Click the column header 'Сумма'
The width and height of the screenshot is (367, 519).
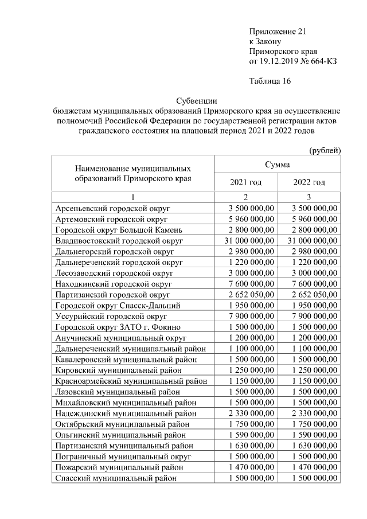[x=277, y=165]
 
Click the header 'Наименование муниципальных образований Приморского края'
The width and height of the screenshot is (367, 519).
[x=132, y=174]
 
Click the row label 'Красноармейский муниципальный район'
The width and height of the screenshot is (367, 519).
[x=131, y=381]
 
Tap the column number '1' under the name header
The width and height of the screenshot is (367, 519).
[x=132, y=197]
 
